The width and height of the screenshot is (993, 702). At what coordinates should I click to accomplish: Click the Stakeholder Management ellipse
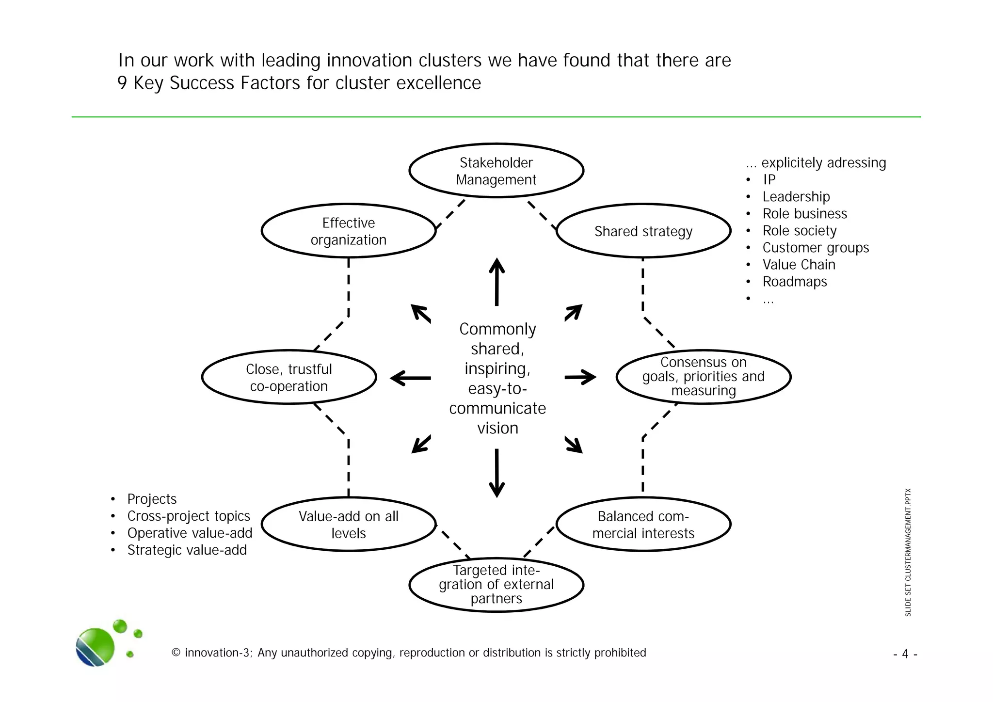(x=496, y=171)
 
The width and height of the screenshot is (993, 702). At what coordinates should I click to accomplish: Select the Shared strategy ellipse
(x=643, y=231)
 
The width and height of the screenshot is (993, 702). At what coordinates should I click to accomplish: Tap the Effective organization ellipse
(x=349, y=231)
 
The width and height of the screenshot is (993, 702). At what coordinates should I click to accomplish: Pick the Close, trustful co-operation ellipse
(x=289, y=377)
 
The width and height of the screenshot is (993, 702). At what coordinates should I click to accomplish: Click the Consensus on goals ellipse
(x=704, y=377)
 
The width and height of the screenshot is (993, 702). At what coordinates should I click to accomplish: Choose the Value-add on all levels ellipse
(x=349, y=524)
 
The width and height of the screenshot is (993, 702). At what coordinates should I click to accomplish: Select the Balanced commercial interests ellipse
(x=643, y=524)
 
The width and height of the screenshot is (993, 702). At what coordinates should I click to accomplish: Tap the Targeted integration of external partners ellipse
(x=496, y=585)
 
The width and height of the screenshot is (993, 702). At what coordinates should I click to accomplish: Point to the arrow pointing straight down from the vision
(x=496, y=473)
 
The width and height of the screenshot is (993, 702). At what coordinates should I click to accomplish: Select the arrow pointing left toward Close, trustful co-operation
(x=410, y=378)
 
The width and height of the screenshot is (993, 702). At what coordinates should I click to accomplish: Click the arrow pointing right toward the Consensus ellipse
(x=580, y=377)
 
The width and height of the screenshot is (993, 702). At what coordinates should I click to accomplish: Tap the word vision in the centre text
(x=497, y=428)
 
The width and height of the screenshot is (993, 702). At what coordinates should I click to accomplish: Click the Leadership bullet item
(x=796, y=197)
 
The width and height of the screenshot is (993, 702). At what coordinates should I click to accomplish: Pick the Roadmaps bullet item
(x=795, y=282)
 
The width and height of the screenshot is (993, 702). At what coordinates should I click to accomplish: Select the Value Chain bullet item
(x=799, y=265)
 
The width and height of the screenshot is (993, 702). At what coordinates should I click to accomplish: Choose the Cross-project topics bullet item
(x=189, y=516)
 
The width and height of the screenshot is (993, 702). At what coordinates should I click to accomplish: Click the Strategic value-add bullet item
(x=187, y=550)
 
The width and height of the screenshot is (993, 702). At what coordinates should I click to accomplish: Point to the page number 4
(x=905, y=654)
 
